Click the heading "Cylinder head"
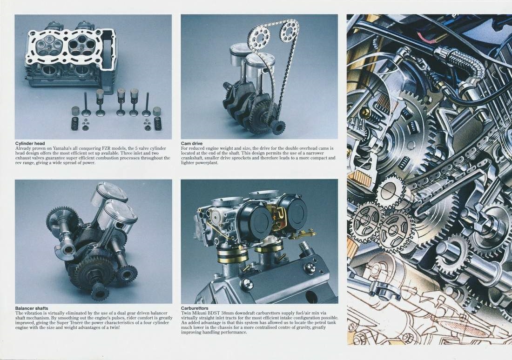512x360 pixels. (x=30, y=143)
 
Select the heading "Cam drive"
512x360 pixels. (x=192, y=143)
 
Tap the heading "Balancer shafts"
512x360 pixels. (x=32, y=308)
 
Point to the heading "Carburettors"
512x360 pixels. (x=195, y=308)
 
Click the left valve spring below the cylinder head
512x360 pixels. (x=75, y=123)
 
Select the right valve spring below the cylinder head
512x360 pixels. (x=158, y=123)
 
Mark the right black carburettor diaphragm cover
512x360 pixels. (x=292, y=212)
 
